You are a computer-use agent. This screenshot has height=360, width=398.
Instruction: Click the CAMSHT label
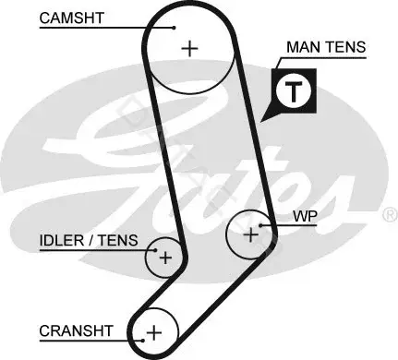point(71,18)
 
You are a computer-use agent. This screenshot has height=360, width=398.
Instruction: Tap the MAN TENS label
point(326,47)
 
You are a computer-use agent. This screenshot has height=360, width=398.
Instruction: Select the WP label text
point(305,216)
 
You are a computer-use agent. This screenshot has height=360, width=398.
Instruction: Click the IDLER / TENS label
point(89,240)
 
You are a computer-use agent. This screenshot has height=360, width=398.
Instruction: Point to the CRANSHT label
point(76,331)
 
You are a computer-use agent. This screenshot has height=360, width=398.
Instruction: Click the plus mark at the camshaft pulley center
point(190,49)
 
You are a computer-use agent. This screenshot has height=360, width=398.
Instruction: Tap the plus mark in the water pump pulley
point(251,235)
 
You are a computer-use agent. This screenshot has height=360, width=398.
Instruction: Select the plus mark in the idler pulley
point(165,258)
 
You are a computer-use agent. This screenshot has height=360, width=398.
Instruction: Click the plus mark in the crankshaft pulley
point(154,332)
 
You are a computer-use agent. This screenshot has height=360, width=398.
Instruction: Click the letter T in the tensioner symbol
point(295,92)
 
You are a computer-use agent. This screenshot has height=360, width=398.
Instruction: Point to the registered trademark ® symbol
point(390,215)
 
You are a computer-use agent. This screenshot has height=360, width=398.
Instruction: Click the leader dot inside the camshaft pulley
point(174,28)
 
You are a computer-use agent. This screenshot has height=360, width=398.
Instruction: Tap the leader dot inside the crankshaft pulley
point(143,341)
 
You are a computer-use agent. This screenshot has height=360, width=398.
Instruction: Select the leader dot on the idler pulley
point(155,250)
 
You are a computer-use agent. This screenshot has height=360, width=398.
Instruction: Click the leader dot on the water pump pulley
point(260,225)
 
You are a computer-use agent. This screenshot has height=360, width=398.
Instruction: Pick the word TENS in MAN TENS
point(346,47)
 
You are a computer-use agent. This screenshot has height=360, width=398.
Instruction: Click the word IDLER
point(62,240)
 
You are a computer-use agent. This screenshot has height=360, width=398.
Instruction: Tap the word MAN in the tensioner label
point(304,47)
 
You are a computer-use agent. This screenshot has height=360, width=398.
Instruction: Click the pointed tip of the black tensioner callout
point(261,122)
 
